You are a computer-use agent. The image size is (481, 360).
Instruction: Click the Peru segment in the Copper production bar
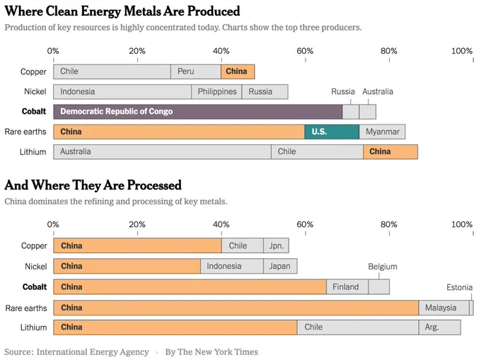coord(196,71)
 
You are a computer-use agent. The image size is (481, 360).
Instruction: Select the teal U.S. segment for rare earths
coord(332,132)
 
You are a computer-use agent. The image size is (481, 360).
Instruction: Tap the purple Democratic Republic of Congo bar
coord(198,112)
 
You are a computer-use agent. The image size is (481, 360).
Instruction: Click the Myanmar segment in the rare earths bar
coord(382,132)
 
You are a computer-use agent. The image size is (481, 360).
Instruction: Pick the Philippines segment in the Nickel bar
coord(216,92)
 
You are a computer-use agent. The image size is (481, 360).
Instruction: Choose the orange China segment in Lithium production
coord(390,152)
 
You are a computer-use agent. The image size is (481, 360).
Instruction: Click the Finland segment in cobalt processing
coord(347,286)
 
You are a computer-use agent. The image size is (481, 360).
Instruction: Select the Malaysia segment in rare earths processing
coord(444,308)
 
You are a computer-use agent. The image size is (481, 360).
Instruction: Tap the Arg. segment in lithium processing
coord(439,327)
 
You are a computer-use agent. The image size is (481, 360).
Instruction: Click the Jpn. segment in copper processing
coord(276,245)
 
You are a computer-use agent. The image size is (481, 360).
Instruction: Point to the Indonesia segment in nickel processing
coord(232,266)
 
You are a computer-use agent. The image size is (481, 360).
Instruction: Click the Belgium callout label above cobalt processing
coord(383,267)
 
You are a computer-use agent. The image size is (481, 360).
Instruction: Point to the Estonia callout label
coord(459,287)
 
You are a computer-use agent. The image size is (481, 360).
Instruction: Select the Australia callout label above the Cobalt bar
coord(378,92)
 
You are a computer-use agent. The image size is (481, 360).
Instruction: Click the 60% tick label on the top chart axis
coord(305,51)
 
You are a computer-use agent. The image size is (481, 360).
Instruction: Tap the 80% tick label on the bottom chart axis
coord(388,224)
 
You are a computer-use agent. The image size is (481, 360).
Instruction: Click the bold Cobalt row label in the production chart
coord(34,111)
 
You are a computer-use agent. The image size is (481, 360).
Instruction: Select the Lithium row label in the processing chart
coord(33,327)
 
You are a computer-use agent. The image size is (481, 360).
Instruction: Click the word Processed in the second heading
coord(154,185)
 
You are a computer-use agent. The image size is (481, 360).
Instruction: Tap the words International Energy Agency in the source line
coord(93,352)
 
